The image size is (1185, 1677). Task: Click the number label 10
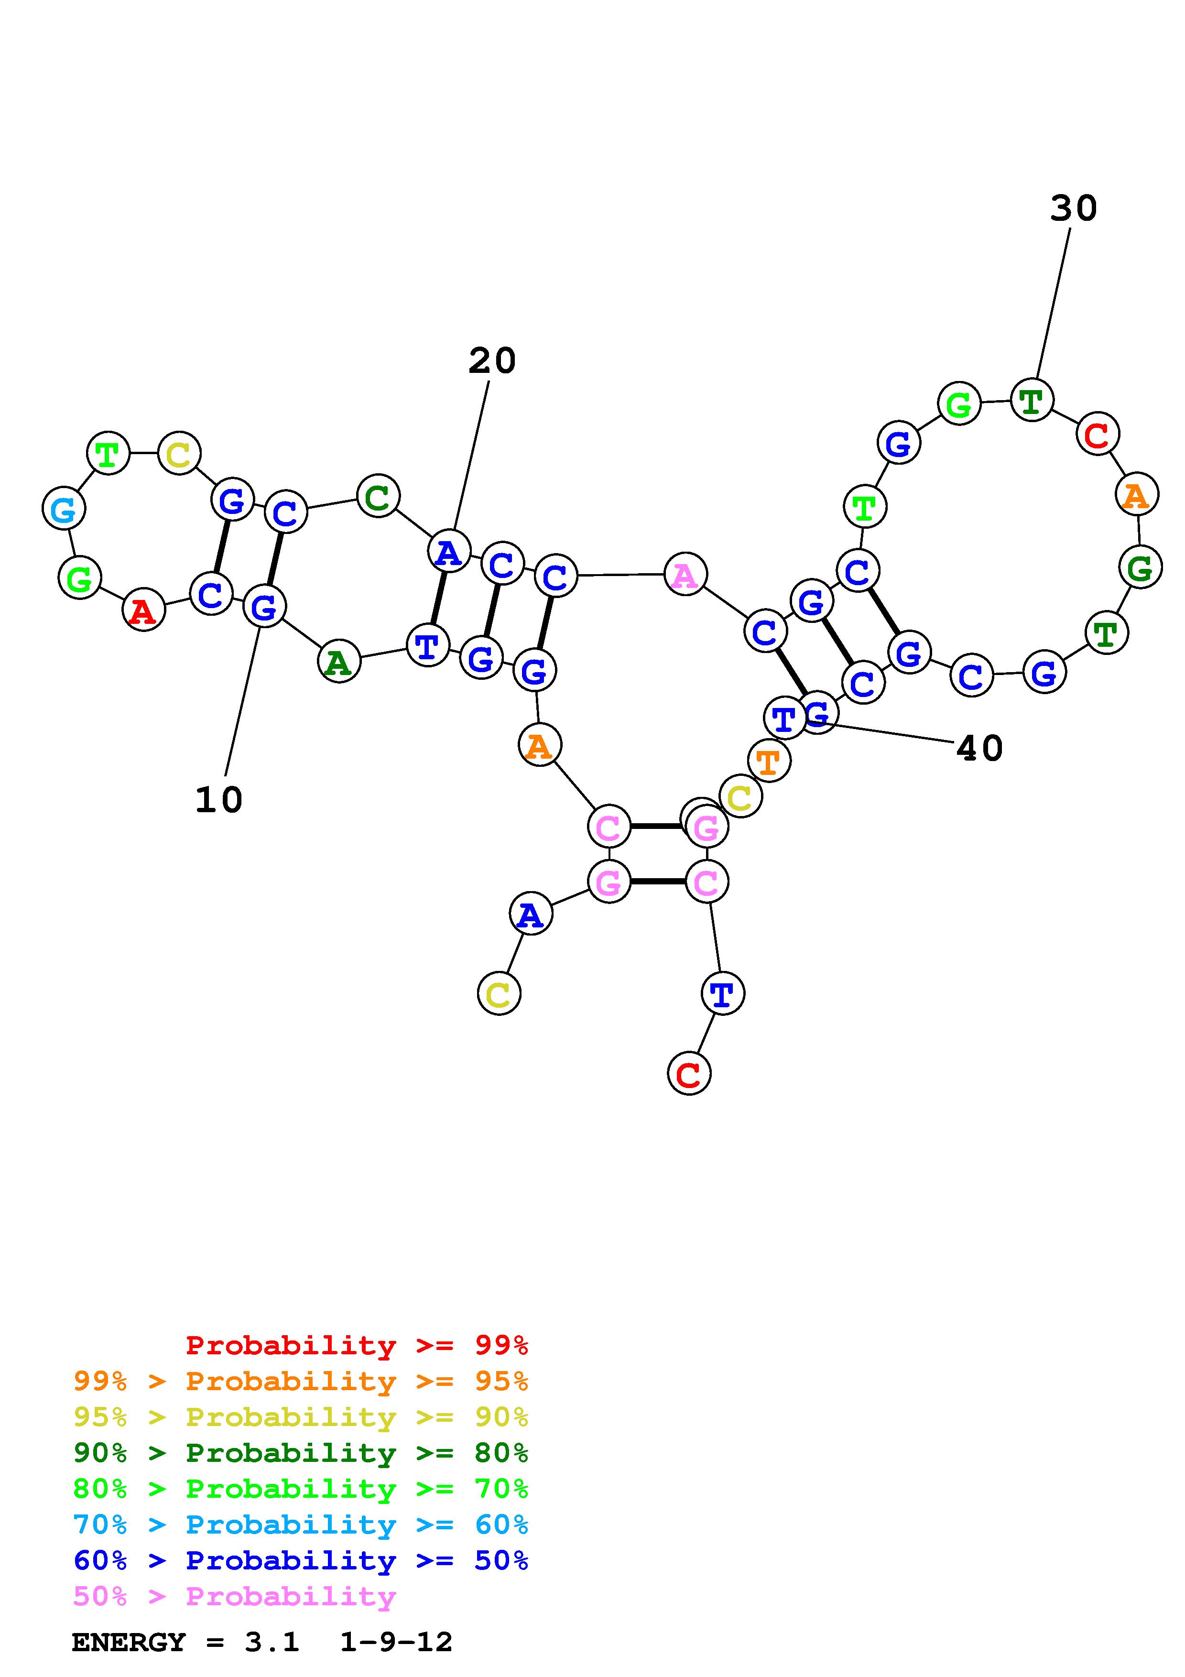(x=218, y=801)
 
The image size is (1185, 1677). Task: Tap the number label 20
(x=492, y=361)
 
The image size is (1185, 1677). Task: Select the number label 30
(x=1073, y=209)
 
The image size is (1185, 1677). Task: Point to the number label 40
(x=979, y=749)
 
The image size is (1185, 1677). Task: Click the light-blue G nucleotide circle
(x=64, y=509)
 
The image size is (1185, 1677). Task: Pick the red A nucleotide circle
(x=144, y=610)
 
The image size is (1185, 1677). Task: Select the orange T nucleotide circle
(x=769, y=761)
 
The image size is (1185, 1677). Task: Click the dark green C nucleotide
(x=378, y=497)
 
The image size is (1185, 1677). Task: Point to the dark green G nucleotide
(x=1140, y=567)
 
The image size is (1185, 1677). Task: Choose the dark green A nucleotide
(x=339, y=662)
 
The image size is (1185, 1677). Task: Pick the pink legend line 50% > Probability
(x=234, y=1597)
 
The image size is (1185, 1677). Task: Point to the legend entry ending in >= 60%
(x=300, y=1525)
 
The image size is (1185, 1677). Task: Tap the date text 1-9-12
(x=396, y=1642)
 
